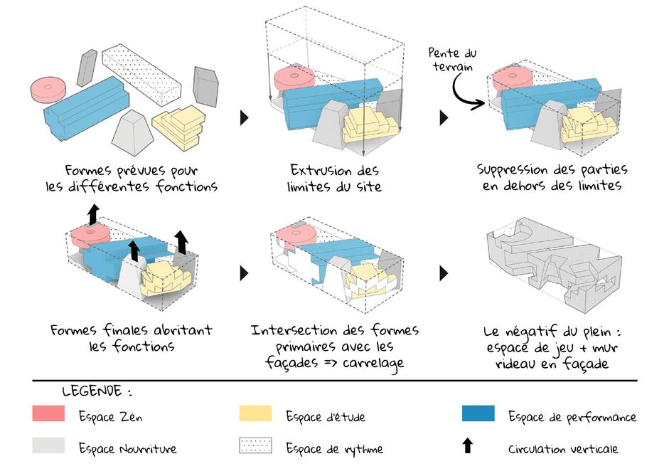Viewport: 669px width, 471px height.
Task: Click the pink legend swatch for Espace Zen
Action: coord(48,413)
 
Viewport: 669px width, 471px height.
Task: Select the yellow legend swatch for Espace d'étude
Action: coord(255,413)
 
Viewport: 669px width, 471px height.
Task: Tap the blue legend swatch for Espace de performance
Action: coord(478,413)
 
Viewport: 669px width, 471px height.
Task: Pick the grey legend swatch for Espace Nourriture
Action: coord(48,445)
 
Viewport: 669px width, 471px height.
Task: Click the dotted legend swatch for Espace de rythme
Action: coord(255,445)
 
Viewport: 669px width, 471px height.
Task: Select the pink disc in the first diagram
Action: coord(48,89)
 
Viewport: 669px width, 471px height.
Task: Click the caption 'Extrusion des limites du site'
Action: coord(335,179)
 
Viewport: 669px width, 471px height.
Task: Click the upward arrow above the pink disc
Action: coord(91,213)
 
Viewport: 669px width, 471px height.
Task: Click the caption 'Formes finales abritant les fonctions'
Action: coord(132,339)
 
